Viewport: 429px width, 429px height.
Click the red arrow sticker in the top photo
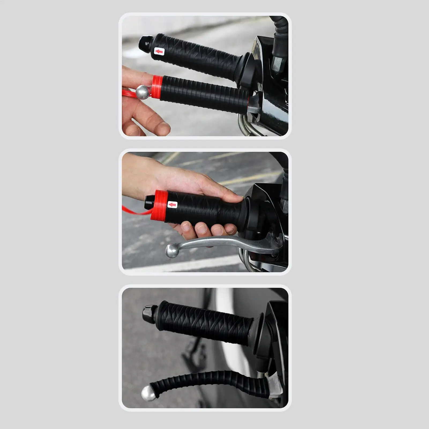[x=159, y=51]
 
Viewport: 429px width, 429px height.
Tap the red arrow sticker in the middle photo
[x=173, y=205]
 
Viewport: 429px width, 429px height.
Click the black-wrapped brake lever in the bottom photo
[x=204, y=380]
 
